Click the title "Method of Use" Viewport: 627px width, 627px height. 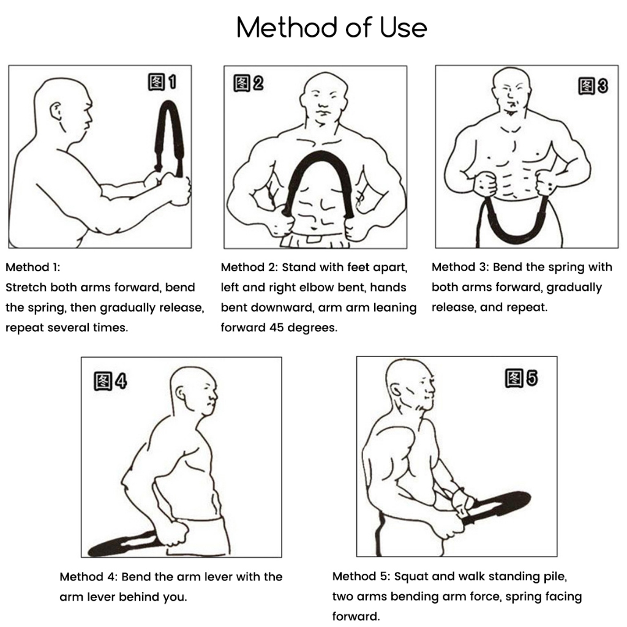pos(331,28)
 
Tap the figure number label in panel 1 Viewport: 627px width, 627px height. pos(162,82)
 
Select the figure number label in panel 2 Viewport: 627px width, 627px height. pos(249,83)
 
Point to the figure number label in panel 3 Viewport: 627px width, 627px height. pos(593,86)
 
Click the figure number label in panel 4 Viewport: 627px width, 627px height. pos(110,381)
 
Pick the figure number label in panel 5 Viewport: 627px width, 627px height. pos(522,378)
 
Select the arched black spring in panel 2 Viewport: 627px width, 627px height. pos(320,154)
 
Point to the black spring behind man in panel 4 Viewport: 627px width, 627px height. pos(120,544)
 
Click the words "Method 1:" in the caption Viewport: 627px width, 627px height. pos(33,267)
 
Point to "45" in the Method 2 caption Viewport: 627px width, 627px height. pos(277,328)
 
